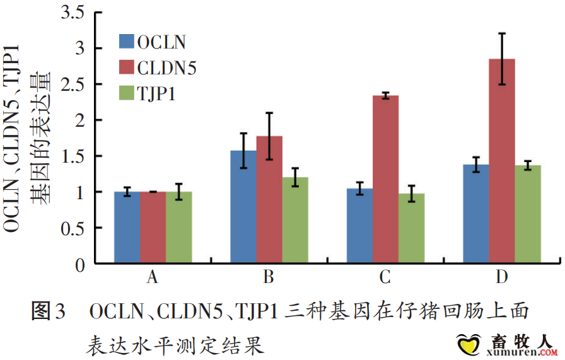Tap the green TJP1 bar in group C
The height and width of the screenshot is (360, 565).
coord(411,228)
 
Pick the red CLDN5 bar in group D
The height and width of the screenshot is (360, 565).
coord(502,161)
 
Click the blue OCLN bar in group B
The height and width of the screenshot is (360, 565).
coord(243,206)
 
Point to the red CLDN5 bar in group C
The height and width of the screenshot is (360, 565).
coord(385,179)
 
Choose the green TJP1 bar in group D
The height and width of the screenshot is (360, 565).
coord(528,214)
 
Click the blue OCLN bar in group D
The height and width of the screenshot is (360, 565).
coord(476,214)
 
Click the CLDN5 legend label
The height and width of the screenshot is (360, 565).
coord(166,68)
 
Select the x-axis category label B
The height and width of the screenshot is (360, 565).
coord(269,277)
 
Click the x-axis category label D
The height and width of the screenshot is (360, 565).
coord(502,277)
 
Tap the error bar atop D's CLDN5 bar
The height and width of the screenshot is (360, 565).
coord(502,59)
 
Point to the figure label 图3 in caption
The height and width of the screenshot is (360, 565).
coord(48,311)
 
